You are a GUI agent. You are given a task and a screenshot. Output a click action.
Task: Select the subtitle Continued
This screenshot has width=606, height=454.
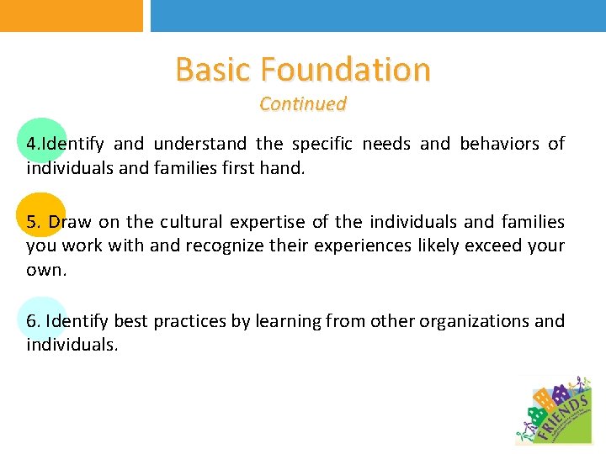[303, 104]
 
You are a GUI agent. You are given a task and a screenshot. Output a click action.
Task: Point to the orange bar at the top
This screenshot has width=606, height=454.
[72, 15]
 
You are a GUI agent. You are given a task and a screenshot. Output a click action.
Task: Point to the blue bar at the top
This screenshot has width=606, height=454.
[378, 15]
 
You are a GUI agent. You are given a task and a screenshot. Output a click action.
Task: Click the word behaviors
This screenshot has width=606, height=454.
[499, 144]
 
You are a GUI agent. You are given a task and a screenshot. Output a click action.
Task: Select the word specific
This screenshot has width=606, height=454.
[322, 144]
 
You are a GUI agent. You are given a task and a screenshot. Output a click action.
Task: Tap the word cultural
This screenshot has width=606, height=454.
[192, 222]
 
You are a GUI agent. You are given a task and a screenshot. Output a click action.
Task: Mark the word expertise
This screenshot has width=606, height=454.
[268, 222]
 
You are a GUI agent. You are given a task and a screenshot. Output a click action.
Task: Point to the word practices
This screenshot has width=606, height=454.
[183, 321]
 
